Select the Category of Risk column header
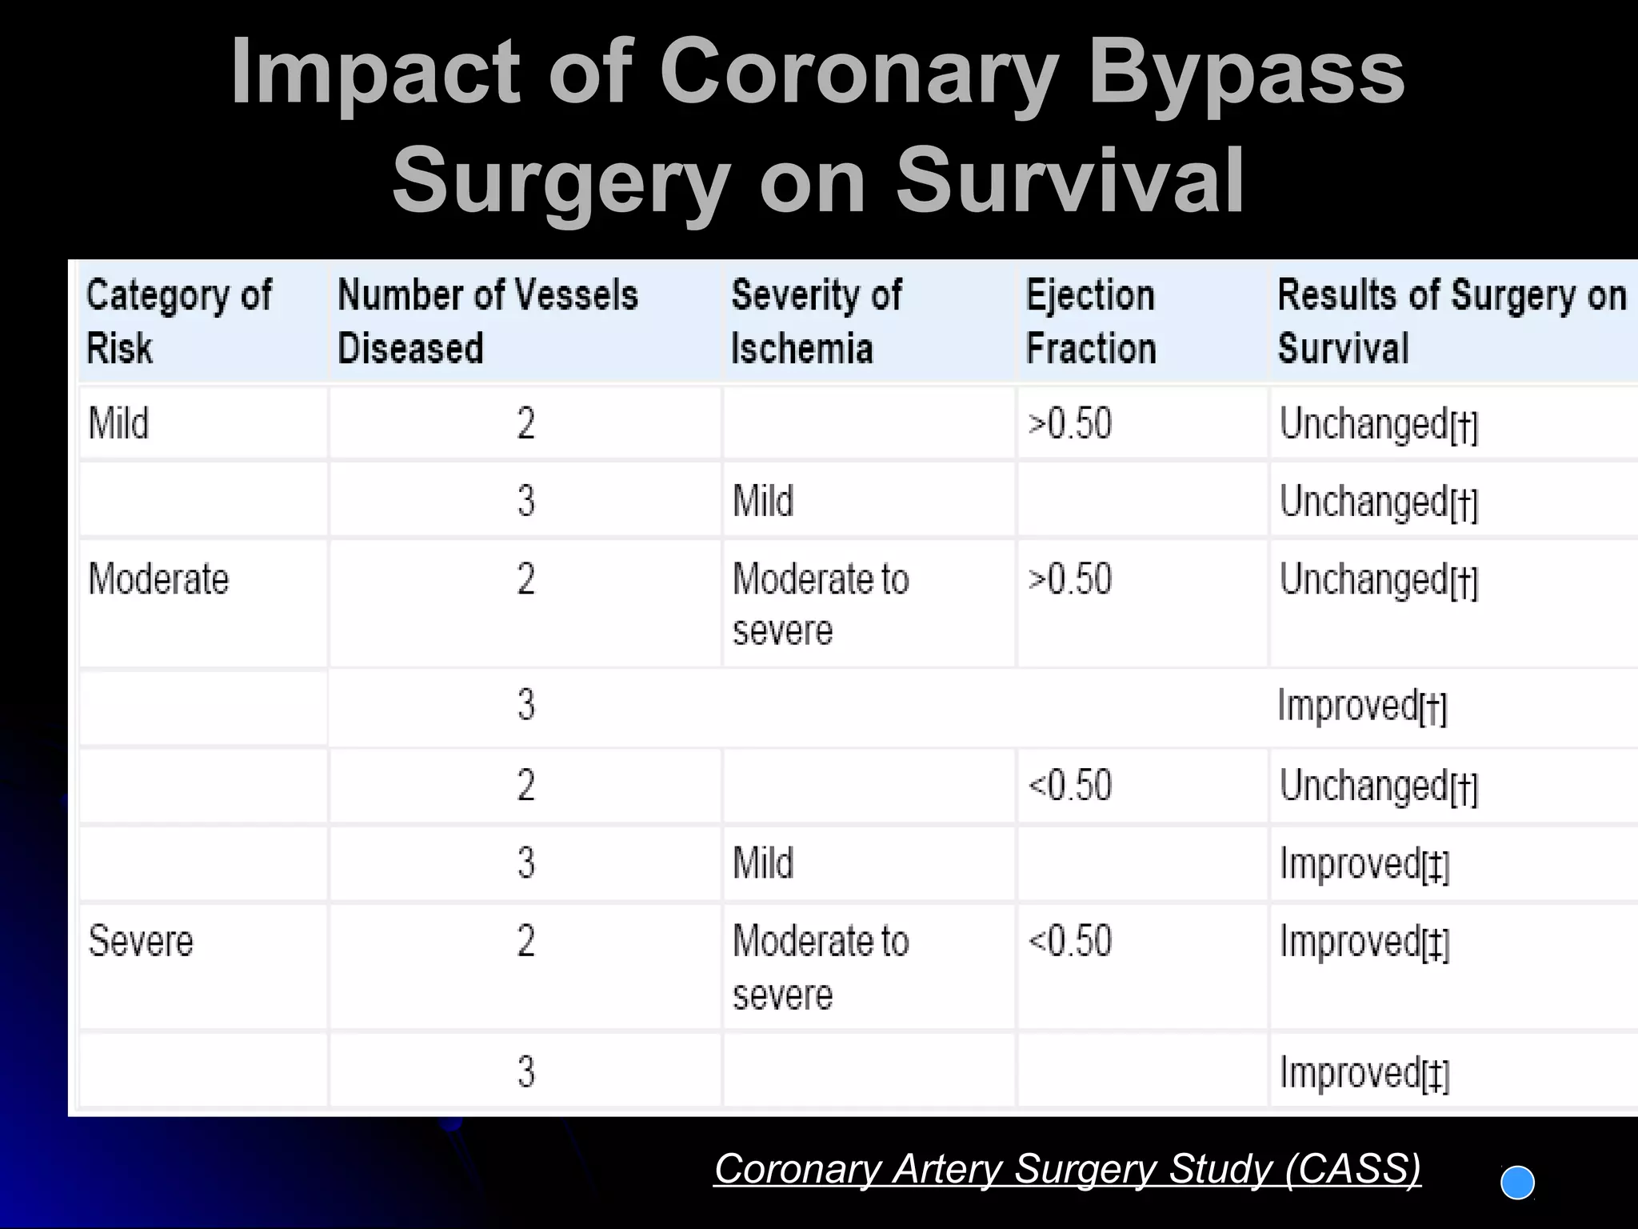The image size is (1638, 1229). coord(178,321)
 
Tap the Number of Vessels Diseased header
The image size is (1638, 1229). coord(487,321)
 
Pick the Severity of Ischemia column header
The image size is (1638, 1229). coord(816,321)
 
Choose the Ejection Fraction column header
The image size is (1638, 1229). coord(1091,321)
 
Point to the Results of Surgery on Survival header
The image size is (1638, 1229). coord(1451,321)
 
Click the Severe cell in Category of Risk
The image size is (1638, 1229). coord(141,941)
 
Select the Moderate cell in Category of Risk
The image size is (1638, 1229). coord(158,578)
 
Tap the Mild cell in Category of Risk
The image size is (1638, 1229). coord(118,423)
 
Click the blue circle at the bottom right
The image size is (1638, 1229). coord(1517,1183)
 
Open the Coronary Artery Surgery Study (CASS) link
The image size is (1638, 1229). coord(1067,1169)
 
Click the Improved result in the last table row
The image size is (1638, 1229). coord(1364,1073)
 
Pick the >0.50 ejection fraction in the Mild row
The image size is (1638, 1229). coord(1069,424)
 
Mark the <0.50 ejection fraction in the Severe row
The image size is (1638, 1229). coord(1069,941)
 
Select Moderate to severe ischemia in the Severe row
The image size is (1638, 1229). coord(821,967)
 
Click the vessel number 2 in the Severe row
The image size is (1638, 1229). coord(525,941)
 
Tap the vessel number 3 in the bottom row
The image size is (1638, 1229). coord(525,1072)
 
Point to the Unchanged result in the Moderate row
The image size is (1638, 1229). coord(1378,580)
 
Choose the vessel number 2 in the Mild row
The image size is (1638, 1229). coord(525,423)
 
